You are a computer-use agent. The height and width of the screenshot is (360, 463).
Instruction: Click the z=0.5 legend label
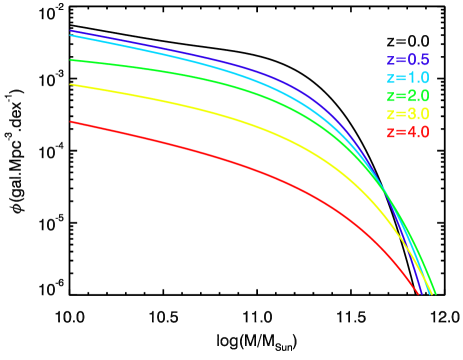tap(408, 60)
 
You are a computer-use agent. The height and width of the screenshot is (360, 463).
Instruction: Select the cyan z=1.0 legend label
tap(408, 78)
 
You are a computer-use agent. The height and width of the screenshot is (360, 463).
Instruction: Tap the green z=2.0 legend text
tap(408, 96)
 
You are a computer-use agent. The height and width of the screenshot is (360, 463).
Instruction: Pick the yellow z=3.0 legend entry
tap(408, 114)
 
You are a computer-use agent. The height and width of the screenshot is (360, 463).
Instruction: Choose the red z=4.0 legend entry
tap(408, 132)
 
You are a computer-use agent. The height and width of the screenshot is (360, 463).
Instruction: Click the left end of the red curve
tap(71, 122)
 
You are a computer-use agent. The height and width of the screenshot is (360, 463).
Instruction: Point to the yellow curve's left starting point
tap(71, 85)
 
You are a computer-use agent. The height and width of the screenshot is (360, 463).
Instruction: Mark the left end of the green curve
tap(71, 60)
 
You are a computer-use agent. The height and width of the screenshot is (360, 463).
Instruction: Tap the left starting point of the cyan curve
tap(71, 35)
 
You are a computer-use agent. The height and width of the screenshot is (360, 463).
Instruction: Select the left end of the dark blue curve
tap(71, 31)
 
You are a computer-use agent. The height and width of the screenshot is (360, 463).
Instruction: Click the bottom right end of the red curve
tap(418, 294)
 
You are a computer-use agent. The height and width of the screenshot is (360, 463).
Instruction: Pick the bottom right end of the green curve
tap(436, 294)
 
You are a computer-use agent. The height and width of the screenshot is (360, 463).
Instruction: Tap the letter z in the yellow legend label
tap(391, 114)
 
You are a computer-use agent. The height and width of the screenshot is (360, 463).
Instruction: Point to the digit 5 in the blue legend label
tap(425, 60)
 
